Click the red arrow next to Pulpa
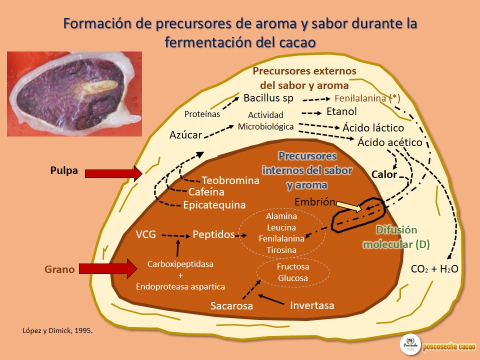[113, 173]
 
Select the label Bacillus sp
[268, 97]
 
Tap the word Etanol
[341, 111]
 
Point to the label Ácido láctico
[373, 128]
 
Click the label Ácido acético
[390, 142]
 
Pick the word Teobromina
[230, 180]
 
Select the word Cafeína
[206, 192]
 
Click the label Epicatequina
[214, 204]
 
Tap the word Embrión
[314, 202]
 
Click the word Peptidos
[213, 234]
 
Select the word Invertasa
[312, 304]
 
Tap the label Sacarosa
[231, 305]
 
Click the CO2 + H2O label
[434, 269]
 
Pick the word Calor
[384, 174]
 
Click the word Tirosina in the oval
[281, 249]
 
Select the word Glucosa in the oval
[293, 278]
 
